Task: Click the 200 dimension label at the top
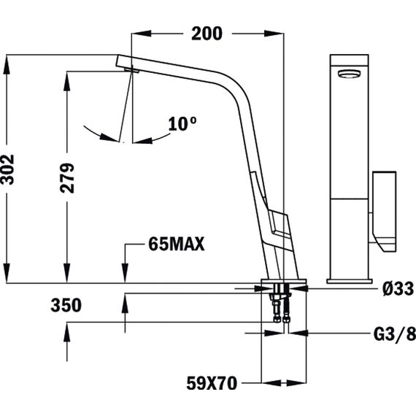click(x=207, y=34)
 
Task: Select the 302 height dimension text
click(x=7, y=169)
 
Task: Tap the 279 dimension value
click(x=67, y=178)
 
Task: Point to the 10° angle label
click(x=182, y=123)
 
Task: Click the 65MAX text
click(x=177, y=244)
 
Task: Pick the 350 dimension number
click(x=66, y=305)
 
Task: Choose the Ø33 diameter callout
click(x=398, y=288)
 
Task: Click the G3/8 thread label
click(x=395, y=334)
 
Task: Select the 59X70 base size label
click(x=212, y=383)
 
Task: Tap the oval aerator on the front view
click(x=349, y=74)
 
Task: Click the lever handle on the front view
click(x=384, y=211)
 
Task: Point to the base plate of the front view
click(x=350, y=281)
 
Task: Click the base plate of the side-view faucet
click(x=284, y=281)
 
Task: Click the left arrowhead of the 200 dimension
click(x=142, y=34)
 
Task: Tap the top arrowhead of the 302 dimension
click(x=7, y=64)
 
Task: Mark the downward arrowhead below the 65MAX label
click(x=125, y=273)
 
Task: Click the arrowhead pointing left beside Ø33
click(x=298, y=288)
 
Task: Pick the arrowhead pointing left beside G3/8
click(x=298, y=333)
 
